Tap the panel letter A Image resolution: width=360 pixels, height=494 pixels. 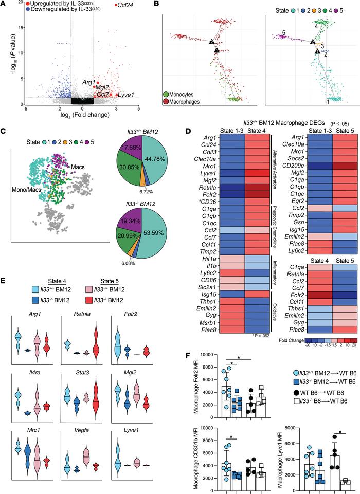4,4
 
